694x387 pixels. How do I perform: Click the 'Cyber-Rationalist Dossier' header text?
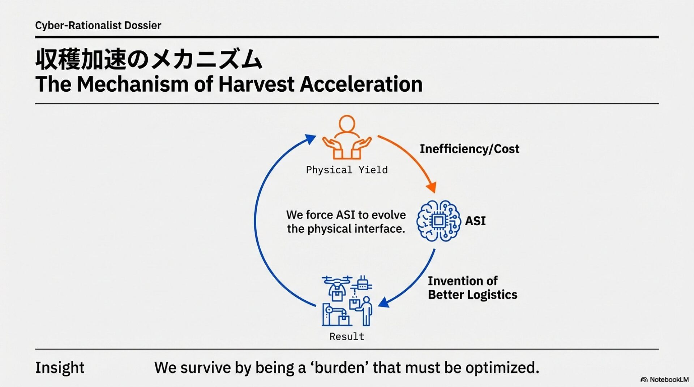point(98,25)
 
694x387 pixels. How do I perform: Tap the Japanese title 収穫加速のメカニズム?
point(149,60)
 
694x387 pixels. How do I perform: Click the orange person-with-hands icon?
point(347,138)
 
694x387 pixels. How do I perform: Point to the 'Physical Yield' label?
point(347,170)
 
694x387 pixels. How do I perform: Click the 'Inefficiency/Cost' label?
point(469,149)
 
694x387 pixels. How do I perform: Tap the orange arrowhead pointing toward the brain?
point(431,187)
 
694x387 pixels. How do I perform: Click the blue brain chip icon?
point(438,221)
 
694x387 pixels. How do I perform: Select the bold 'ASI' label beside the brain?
point(475,221)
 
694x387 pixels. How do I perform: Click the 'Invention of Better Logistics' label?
point(472,288)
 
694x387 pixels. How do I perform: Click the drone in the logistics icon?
point(337,285)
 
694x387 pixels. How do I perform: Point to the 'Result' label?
point(347,336)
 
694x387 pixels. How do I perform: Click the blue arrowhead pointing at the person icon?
point(310,139)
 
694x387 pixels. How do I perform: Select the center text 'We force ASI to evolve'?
point(346,215)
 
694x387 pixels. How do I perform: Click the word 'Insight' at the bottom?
point(60,368)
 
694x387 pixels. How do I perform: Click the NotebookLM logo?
point(664,379)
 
